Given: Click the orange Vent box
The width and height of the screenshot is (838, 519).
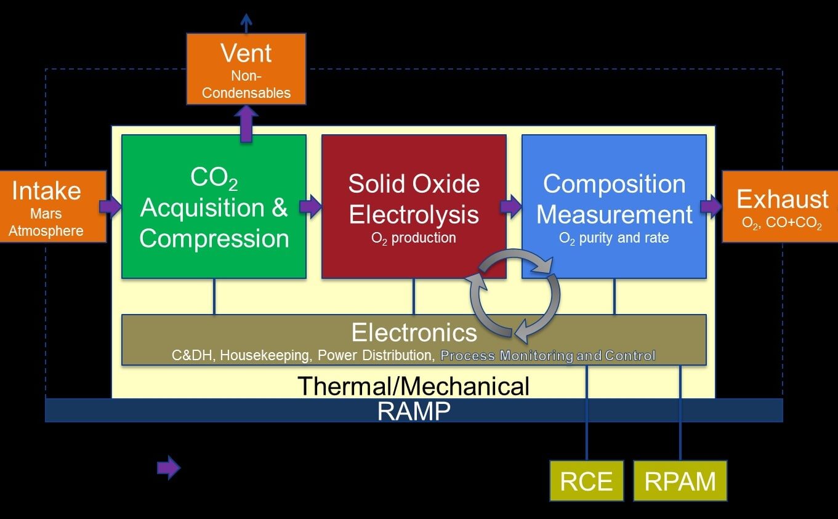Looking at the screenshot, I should click(x=246, y=68).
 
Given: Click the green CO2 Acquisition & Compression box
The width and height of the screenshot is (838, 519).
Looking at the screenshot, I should click(x=214, y=206).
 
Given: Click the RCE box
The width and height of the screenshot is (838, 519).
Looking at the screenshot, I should click(x=586, y=481).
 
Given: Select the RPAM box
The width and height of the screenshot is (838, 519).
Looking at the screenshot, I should click(x=680, y=481).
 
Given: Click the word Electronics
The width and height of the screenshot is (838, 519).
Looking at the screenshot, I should click(x=414, y=332).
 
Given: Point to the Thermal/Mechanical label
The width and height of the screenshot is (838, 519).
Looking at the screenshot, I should click(x=413, y=386).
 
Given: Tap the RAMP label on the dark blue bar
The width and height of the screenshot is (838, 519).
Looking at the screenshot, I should click(x=413, y=411).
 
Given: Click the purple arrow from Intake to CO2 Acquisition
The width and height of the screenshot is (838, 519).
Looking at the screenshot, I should click(x=111, y=206).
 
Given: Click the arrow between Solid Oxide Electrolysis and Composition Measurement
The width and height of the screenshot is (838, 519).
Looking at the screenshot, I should click(x=511, y=206).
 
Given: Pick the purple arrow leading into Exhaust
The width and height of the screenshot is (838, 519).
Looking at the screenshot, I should click(x=711, y=206).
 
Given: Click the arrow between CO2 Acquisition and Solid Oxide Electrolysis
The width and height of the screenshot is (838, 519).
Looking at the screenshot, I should click(x=311, y=206).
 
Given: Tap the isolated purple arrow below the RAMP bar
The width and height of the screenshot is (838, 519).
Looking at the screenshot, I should click(x=169, y=469).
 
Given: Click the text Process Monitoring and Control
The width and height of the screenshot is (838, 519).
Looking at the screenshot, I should click(x=548, y=356).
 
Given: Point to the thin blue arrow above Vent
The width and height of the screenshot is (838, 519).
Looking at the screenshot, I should click(x=246, y=23).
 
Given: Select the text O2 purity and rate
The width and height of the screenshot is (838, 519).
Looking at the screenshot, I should click(x=613, y=238).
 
